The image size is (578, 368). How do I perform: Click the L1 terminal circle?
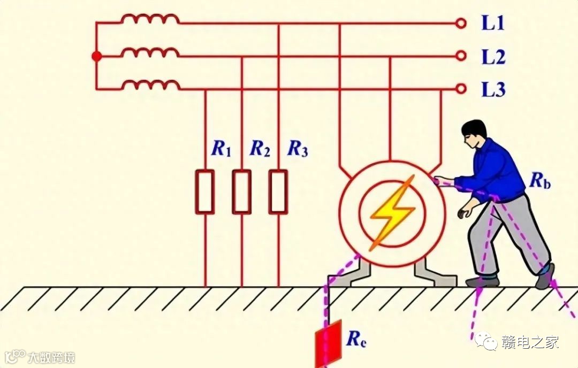pos(460,23)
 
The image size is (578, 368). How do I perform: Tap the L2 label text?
pos(493,57)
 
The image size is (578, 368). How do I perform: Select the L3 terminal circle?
pos(460,89)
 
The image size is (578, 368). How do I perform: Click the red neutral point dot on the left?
pos(96,56)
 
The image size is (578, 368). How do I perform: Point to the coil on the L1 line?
pos(150,20)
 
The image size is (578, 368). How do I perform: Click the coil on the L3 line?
pos(150,85)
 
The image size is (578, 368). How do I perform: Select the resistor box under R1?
pos(206,191)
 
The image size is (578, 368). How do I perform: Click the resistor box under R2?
pos(242,191)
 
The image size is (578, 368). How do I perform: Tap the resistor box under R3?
pos(278,191)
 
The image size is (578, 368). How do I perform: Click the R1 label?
pos(220,149)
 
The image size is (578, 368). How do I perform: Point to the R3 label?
pos(298,149)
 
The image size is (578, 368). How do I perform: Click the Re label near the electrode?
pos(356,339)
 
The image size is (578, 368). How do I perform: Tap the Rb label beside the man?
pos(540,181)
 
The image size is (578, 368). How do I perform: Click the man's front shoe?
pos(482,281)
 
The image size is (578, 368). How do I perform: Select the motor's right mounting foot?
pos(435,274)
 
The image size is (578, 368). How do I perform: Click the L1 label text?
pos(493,24)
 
